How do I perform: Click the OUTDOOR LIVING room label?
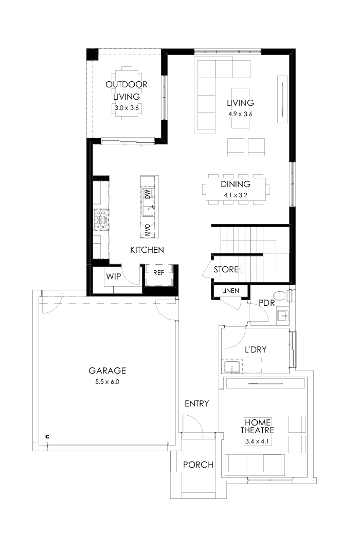point(127,90)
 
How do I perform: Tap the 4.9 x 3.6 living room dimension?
point(241,114)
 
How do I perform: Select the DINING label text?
point(236,184)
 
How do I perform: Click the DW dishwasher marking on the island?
point(147,194)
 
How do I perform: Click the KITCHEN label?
point(147,250)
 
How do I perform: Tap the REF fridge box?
point(158,273)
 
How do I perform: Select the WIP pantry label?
point(113,276)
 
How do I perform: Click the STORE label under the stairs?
point(226,269)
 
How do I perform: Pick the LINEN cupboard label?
point(230,291)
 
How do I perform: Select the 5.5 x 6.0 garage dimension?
point(107,382)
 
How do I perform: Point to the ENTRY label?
point(196,404)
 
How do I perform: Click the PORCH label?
point(198,465)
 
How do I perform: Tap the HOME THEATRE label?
point(259,426)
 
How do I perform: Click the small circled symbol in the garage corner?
point(47,436)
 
